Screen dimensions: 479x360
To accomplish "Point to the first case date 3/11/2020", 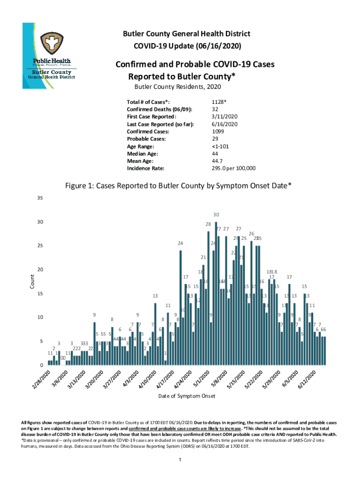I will [225, 116].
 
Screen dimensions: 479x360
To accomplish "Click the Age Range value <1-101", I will [222, 146].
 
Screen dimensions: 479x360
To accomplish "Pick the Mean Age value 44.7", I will [217, 161].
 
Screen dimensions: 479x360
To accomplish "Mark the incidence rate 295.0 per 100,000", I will [234, 169].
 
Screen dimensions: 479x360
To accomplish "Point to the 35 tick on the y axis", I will [40, 198].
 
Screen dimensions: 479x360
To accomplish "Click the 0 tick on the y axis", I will [42, 365].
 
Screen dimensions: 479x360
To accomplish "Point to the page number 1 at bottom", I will [180, 460].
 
